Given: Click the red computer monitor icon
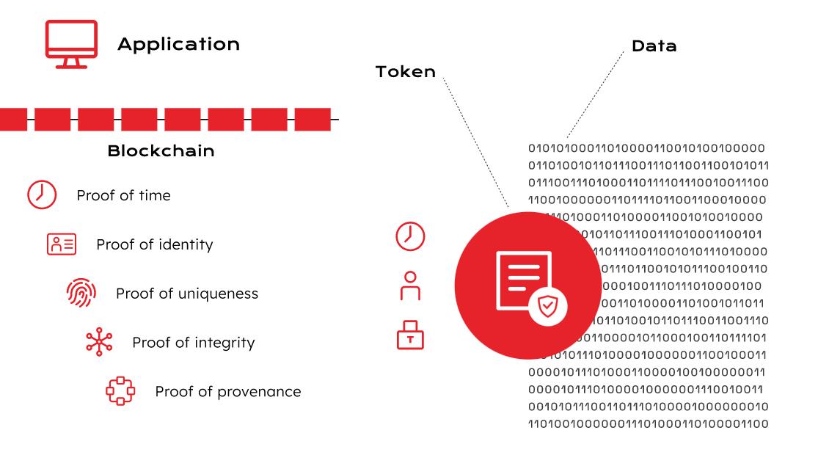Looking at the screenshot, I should (x=71, y=43).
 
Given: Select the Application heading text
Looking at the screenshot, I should (x=178, y=44).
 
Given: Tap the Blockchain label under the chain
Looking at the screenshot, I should (x=161, y=151).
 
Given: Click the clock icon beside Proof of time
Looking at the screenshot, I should (x=42, y=195).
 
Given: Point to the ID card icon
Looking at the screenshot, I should (x=62, y=244).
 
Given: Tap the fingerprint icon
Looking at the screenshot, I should (x=81, y=293).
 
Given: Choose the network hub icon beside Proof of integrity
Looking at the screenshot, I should (x=99, y=342).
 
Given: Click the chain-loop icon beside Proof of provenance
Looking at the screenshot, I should (x=120, y=391).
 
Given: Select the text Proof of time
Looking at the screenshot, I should (x=123, y=195).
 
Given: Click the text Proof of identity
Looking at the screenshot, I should (x=154, y=244).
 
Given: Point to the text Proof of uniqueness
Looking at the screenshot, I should (x=186, y=294).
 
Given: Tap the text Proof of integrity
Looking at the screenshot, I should (x=193, y=343).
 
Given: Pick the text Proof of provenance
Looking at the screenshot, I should (x=227, y=392).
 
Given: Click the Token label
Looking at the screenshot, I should (x=405, y=72).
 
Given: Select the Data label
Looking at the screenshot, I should (x=654, y=46).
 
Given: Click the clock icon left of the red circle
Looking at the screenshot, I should (x=410, y=236).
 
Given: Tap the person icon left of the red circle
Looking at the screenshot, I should (x=410, y=286).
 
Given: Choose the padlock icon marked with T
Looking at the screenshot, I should (x=410, y=335).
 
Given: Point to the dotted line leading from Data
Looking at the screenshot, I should (x=596, y=95).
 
